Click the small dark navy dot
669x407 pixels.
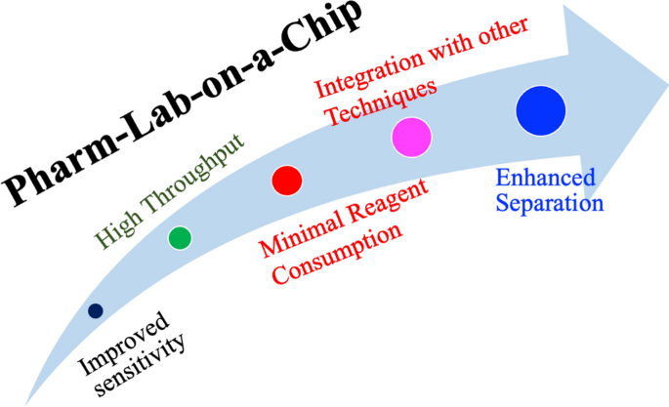click(x=95, y=311)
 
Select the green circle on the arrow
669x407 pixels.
click(x=180, y=237)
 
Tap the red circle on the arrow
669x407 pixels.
click(x=286, y=180)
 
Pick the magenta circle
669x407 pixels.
click(x=410, y=137)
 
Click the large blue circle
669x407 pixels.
click(x=541, y=111)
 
